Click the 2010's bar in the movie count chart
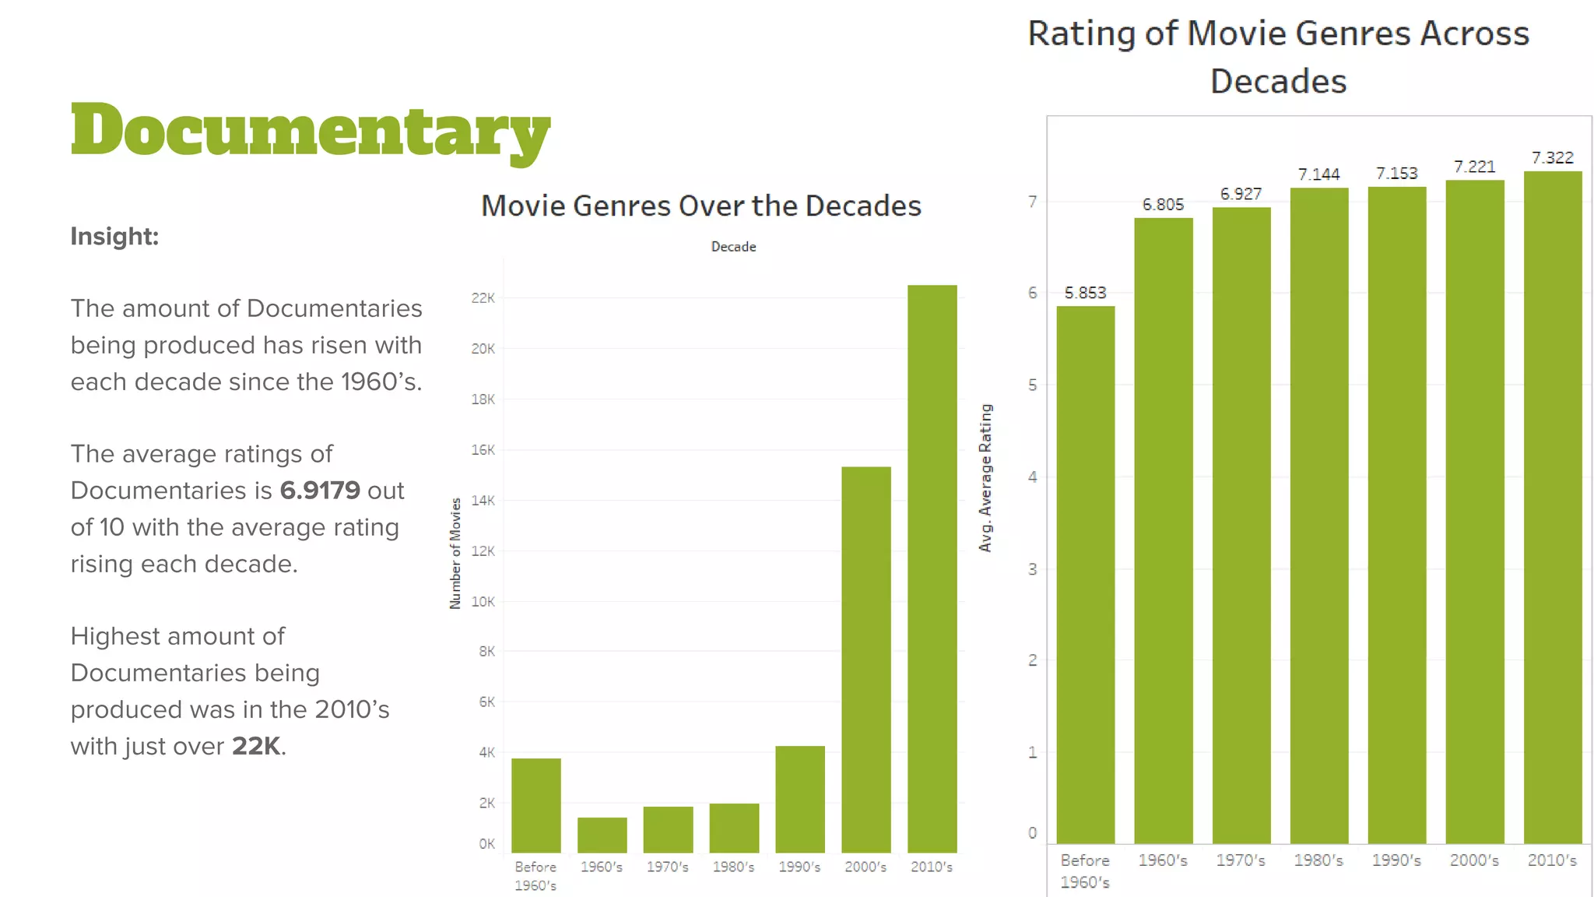[932, 568]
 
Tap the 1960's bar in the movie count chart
[602, 835]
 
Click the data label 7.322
[1552, 158]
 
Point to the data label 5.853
[1085, 293]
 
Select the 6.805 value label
[1163, 205]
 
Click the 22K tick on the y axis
[483, 298]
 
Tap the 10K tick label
[483, 601]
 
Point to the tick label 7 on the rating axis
[1032, 202]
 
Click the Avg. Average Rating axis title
[985, 478]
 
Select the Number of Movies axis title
[455, 553]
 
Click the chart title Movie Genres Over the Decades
[700, 206]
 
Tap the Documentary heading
[310, 131]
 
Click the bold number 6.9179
[320, 491]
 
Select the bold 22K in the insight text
[256, 746]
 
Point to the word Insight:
[114, 236]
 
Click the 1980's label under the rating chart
[1318, 860]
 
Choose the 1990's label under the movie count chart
[799, 867]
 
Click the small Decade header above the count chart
[733, 247]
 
